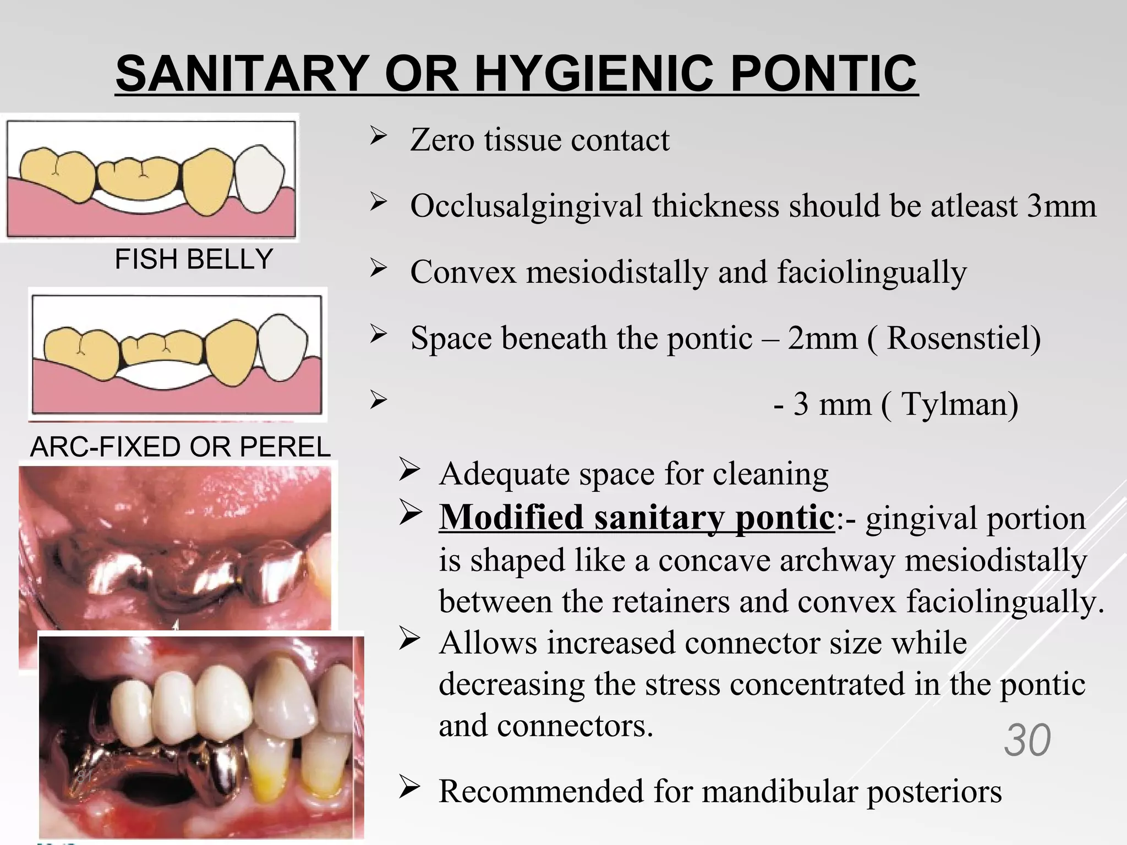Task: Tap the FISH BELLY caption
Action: (x=194, y=259)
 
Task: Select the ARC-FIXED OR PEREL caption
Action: (x=180, y=447)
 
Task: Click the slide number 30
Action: (x=1027, y=740)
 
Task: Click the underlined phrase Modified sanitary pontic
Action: (x=637, y=518)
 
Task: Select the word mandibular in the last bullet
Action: (x=780, y=792)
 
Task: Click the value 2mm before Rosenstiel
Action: (x=822, y=338)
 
